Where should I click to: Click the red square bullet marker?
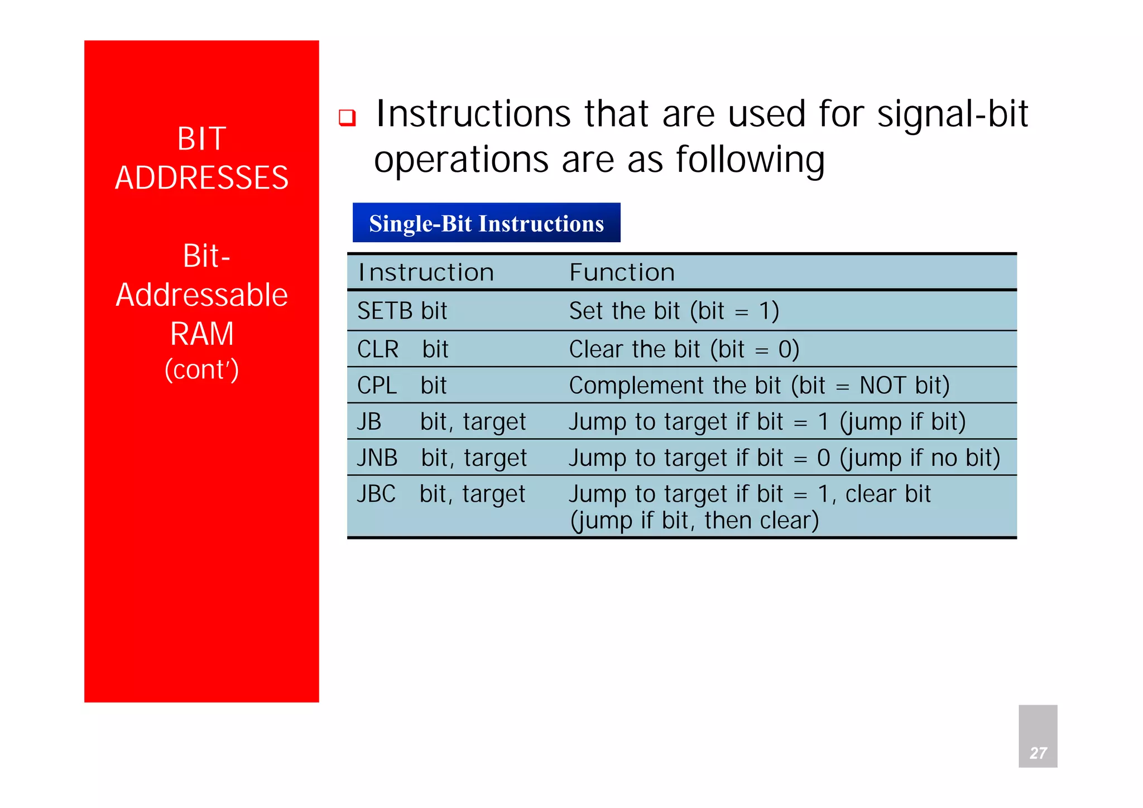pos(347,118)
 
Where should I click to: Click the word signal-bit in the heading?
pos(952,114)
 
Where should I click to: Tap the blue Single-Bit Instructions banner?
pos(486,223)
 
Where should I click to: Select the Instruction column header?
pos(426,273)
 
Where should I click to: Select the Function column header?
pos(622,273)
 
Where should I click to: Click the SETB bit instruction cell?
pos(402,311)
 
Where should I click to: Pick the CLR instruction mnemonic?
pos(378,350)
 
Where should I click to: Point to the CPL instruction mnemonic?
pos(377,386)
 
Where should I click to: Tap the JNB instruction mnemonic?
pos(377,458)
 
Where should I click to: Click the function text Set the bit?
pos(624,311)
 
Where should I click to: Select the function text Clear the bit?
pos(634,350)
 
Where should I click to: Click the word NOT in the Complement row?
pos(882,386)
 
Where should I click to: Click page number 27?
pos(1038,753)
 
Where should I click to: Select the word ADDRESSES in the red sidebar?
pos(201,178)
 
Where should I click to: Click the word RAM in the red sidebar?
pos(201,334)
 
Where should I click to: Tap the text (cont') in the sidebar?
pos(201,370)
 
